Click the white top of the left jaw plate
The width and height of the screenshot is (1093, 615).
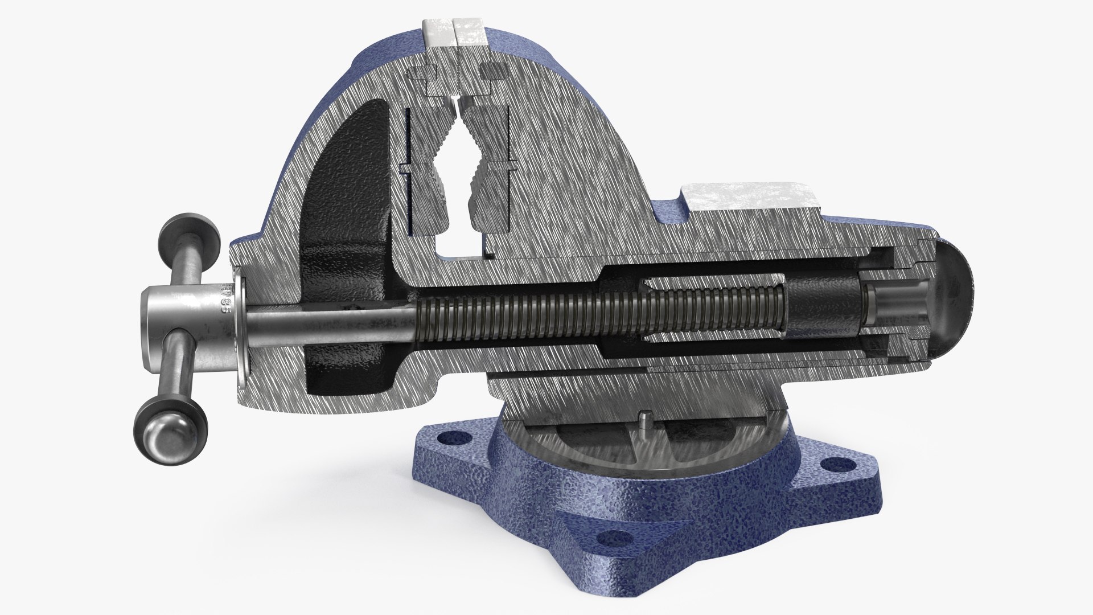coord(438,34)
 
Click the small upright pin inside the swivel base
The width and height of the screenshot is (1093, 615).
coord(643,419)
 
